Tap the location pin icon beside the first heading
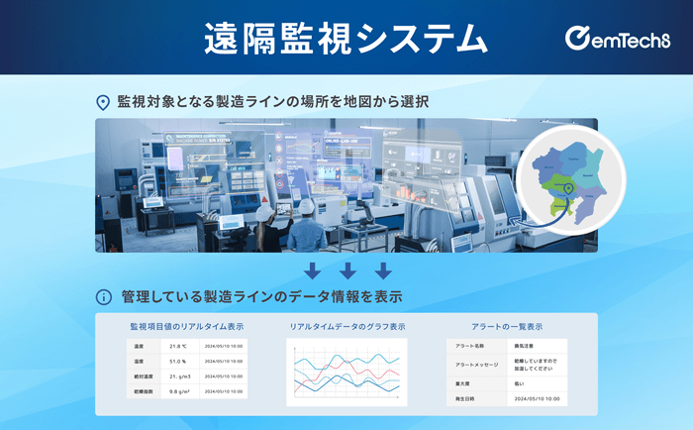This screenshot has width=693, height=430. [x=102, y=102]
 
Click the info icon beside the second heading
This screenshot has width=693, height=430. [x=102, y=296]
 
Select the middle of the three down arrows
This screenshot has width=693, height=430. [x=346, y=270]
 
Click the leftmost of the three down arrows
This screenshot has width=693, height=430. [x=312, y=270]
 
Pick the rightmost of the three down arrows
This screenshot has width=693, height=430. [x=383, y=270]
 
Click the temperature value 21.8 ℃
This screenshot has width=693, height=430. [x=179, y=347]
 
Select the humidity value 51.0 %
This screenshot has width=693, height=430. [x=179, y=362]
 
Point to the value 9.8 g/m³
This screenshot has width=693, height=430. [x=180, y=391]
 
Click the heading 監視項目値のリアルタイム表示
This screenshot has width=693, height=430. [x=186, y=326]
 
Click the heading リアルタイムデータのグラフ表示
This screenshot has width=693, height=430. [x=346, y=326]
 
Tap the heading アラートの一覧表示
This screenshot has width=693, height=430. [x=506, y=326]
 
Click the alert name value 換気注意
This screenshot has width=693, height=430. [x=528, y=346]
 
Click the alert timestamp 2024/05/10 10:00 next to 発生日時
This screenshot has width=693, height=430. [x=538, y=397]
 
